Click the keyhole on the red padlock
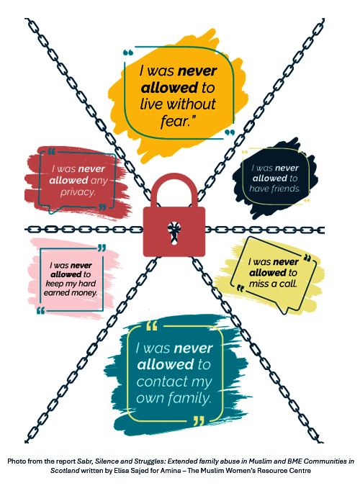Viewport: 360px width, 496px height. coord(174,233)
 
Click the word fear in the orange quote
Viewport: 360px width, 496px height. coord(174,121)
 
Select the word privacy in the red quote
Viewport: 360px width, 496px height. coord(78,192)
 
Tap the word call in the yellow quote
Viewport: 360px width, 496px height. coord(288,284)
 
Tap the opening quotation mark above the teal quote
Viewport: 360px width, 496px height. coord(151,325)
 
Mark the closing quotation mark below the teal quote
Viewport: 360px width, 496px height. coord(199,420)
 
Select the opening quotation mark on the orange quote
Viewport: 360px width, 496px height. coord(128,53)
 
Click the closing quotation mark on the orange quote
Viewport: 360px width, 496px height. coord(230,132)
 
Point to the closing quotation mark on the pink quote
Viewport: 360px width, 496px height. coord(102,248)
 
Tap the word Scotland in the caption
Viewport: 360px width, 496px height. coord(65,471)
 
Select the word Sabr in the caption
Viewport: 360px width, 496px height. coord(85,461)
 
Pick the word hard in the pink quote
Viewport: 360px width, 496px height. coord(87,284)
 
